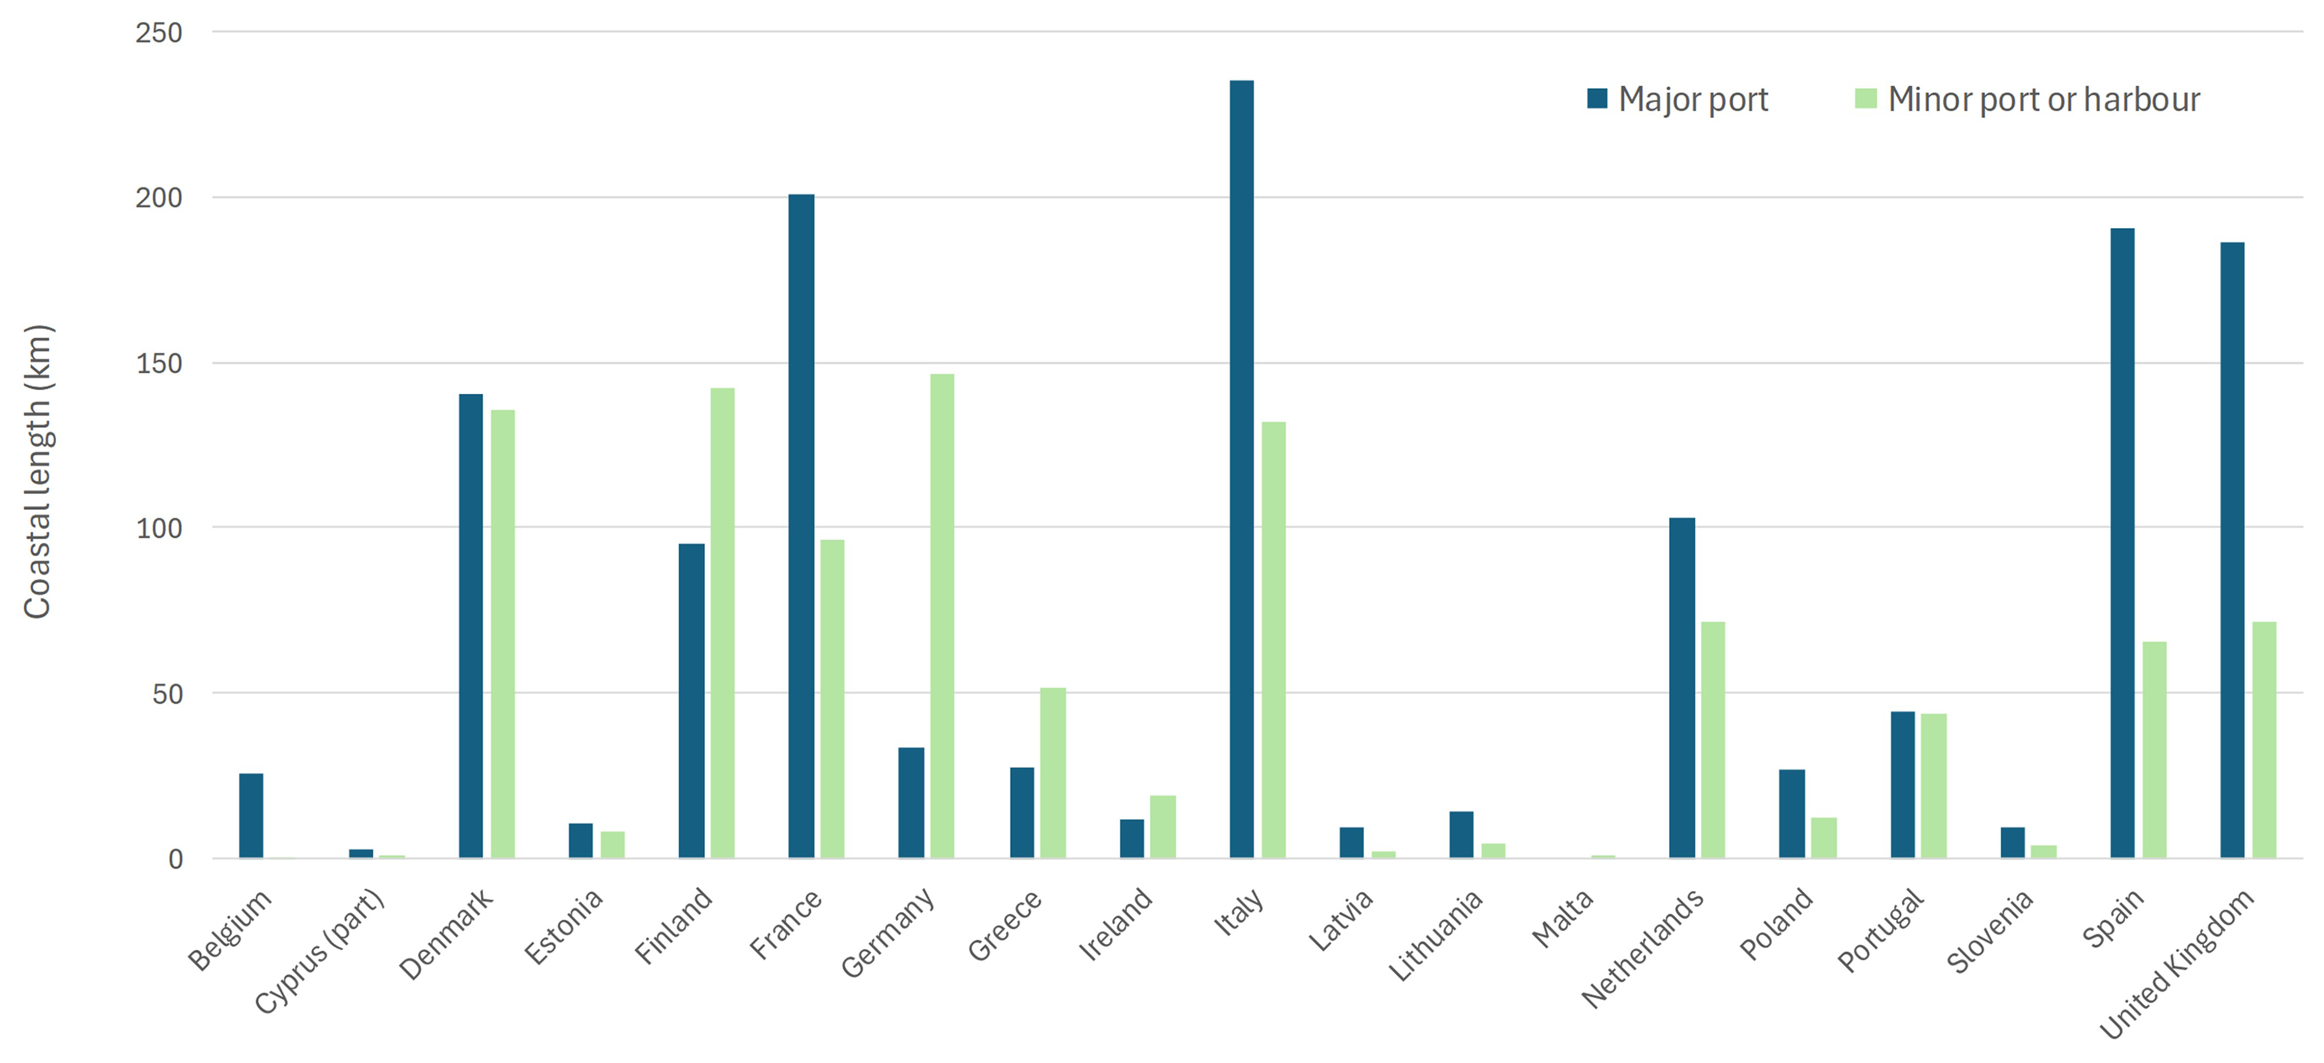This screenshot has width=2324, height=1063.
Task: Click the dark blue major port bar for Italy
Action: pyautogui.click(x=1241, y=469)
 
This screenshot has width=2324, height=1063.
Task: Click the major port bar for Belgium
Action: pyautogui.click(x=251, y=816)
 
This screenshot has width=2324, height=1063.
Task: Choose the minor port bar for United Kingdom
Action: pyautogui.click(x=2264, y=740)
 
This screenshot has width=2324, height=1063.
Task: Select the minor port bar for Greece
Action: pyautogui.click(x=1053, y=772)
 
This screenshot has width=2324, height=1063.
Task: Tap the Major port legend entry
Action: pyautogui.click(x=1678, y=100)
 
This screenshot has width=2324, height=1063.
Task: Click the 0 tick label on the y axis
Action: pyautogui.click(x=175, y=859)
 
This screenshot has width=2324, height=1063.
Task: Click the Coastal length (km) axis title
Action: pyautogui.click(x=38, y=471)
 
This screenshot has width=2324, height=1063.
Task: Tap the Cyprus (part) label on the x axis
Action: pyautogui.click(x=320, y=952)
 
